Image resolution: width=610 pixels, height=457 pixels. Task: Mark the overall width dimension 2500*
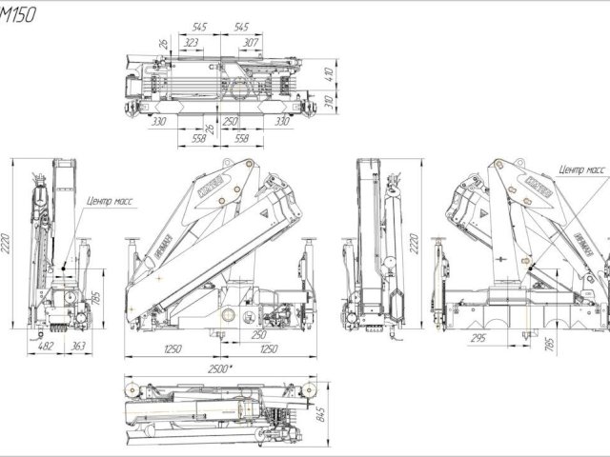[222, 368]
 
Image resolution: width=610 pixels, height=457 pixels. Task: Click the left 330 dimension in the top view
[159, 122]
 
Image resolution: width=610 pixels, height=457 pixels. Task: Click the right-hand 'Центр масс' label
[582, 169]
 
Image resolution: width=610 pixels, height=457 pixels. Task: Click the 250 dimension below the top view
[230, 122]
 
